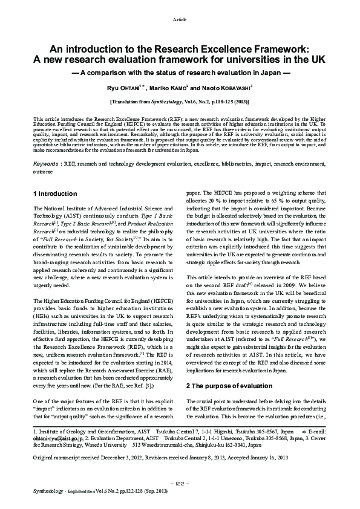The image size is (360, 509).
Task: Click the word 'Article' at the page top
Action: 180,20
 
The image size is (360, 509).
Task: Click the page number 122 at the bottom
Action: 180,484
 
